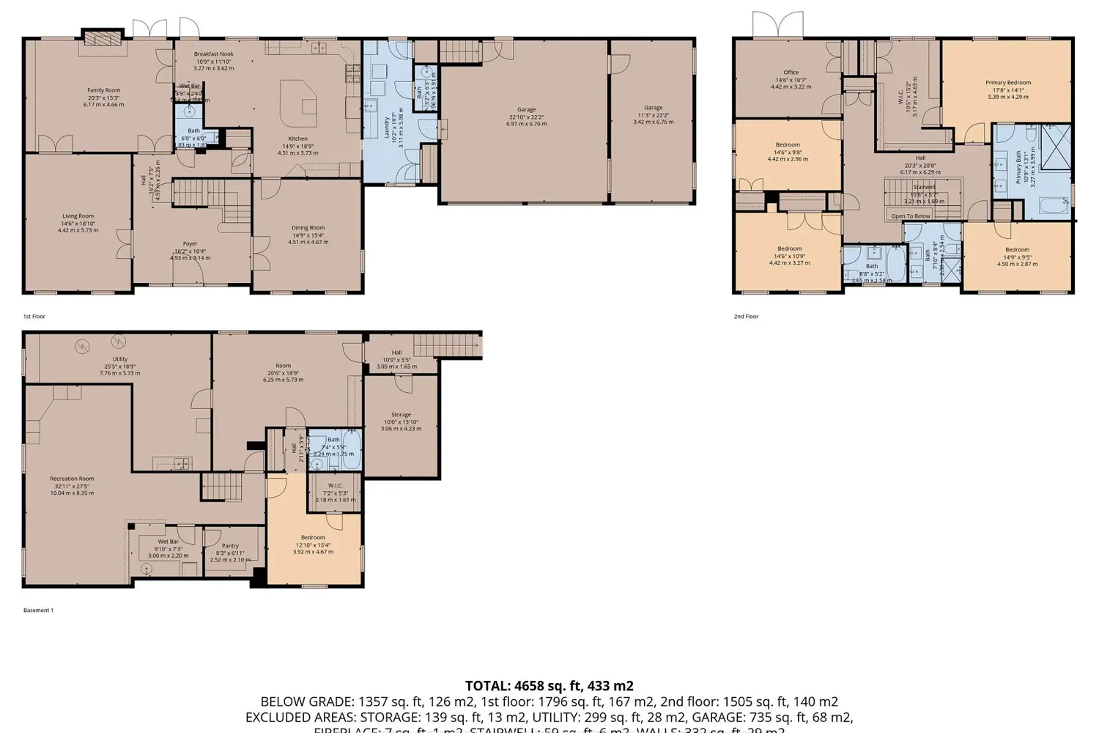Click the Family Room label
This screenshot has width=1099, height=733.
(x=103, y=90)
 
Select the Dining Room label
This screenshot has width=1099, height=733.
(x=308, y=228)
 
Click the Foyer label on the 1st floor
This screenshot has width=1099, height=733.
(x=190, y=243)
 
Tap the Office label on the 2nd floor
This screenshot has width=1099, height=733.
(x=791, y=73)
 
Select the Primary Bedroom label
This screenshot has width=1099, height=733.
(x=1008, y=83)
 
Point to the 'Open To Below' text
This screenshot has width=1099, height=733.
(x=911, y=216)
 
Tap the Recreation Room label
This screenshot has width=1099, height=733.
(x=72, y=479)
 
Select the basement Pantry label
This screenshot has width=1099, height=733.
(x=230, y=545)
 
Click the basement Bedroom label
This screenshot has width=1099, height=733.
(x=313, y=537)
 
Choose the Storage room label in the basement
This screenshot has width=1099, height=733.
(x=401, y=415)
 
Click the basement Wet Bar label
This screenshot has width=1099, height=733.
(x=168, y=542)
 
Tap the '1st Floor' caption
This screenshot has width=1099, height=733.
(x=34, y=317)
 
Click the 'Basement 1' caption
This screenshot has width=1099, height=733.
(x=38, y=610)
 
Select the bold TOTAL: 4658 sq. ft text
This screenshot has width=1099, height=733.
(x=549, y=686)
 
